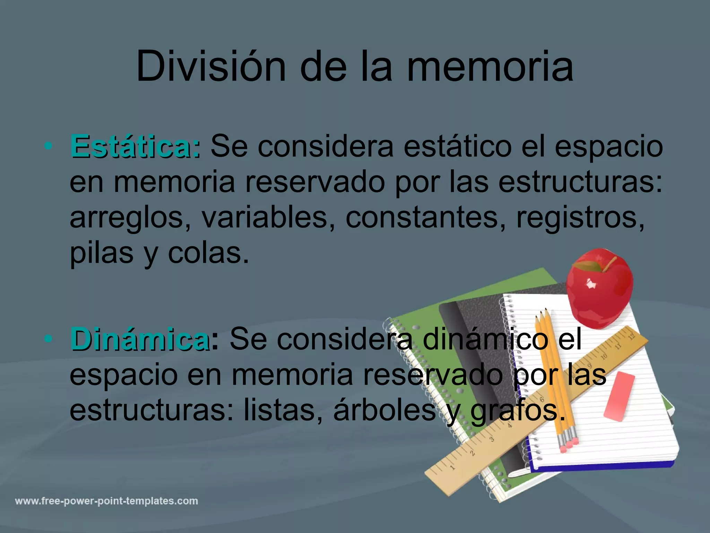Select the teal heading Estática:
[x=135, y=146]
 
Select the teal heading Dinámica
[x=140, y=339]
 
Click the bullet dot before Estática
[x=49, y=146]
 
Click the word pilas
[x=101, y=253]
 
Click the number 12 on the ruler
[x=632, y=336]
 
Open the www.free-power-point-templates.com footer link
[x=106, y=501]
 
